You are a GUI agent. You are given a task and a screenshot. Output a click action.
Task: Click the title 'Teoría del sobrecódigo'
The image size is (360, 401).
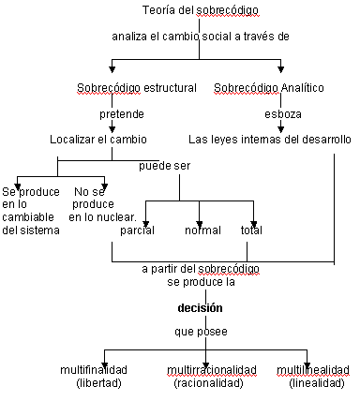pyautogui.click(x=201, y=10)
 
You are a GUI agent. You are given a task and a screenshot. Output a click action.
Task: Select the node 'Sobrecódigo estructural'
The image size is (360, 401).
pyautogui.click(x=137, y=88)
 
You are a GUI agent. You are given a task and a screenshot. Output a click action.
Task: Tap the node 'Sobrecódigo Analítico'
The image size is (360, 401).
pyautogui.click(x=269, y=88)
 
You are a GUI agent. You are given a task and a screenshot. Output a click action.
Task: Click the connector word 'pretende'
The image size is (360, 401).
pyautogui.click(x=122, y=114)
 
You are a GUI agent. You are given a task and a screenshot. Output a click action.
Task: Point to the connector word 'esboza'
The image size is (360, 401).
pyautogui.click(x=283, y=114)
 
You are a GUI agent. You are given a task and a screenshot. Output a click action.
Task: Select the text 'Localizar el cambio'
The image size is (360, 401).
pyautogui.click(x=98, y=140)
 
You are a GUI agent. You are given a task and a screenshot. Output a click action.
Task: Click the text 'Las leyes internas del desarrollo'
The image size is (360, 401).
pyautogui.click(x=270, y=140)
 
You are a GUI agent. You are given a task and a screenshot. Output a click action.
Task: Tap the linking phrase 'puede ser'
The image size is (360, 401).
pyautogui.click(x=164, y=166)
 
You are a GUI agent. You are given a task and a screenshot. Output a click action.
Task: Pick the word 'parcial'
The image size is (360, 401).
pyautogui.click(x=137, y=230)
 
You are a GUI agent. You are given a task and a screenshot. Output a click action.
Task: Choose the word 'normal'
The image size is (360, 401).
pyautogui.click(x=202, y=230)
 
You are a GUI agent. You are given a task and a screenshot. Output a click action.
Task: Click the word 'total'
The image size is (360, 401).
pyautogui.click(x=251, y=230)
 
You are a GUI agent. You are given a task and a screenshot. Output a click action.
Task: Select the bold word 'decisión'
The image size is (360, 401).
pyautogui.click(x=200, y=308)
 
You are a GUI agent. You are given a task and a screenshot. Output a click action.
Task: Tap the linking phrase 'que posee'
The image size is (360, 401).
pyautogui.click(x=201, y=332)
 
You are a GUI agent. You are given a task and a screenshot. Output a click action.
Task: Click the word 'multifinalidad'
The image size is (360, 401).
pyautogui.click(x=94, y=370)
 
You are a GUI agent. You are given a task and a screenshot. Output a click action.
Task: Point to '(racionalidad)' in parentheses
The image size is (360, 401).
pyautogui.click(x=208, y=383)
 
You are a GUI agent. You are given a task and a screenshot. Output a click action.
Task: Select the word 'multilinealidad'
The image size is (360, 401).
pyautogui.click(x=313, y=370)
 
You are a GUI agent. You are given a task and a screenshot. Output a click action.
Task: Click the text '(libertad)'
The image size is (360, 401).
pyautogui.click(x=98, y=383)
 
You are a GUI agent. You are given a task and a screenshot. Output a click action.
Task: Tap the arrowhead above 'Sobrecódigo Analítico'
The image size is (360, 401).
pyautogui.click(x=280, y=69)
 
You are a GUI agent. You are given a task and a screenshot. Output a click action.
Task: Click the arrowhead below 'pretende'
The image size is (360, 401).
pyautogui.click(x=112, y=129)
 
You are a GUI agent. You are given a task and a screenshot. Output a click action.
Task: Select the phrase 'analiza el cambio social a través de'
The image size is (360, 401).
pyautogui.click(x=201, y=37)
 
